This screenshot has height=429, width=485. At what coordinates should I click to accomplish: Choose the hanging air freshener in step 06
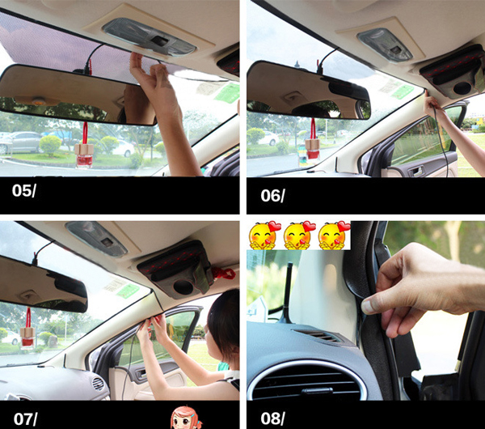click(310, 147)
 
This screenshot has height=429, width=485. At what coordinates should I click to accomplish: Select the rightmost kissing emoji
click(333, 236)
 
